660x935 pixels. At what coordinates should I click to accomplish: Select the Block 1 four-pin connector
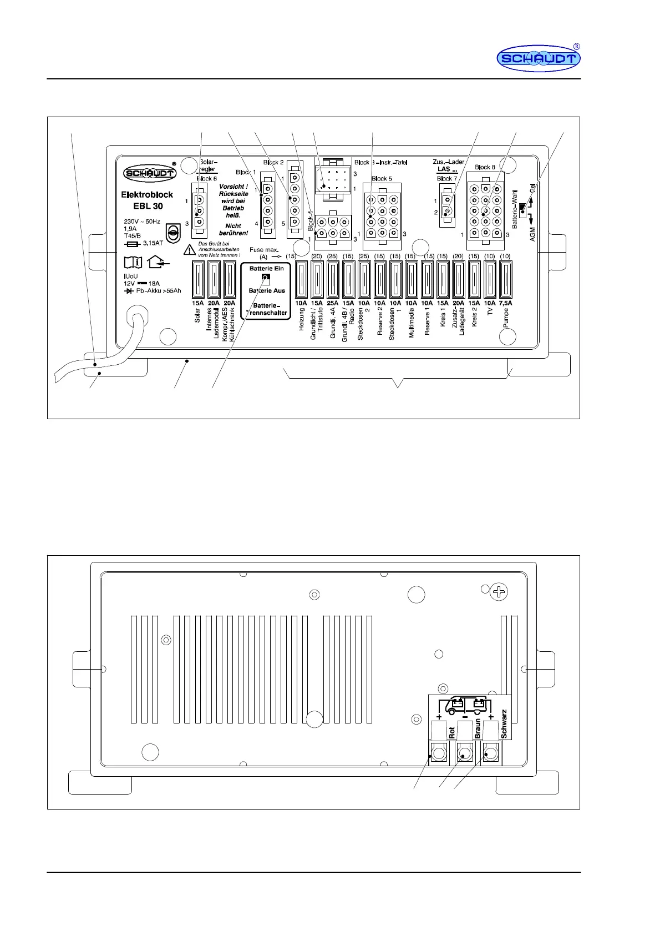point(268,205)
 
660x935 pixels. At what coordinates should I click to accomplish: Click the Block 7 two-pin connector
point(447,205)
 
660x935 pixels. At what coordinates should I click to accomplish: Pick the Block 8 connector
point(486,205)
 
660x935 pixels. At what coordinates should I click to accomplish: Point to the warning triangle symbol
point(190,250)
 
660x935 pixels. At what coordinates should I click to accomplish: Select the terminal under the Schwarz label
point(491,753)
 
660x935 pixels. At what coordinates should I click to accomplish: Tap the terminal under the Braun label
point(465,753)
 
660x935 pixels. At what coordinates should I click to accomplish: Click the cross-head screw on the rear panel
point(499,592)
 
